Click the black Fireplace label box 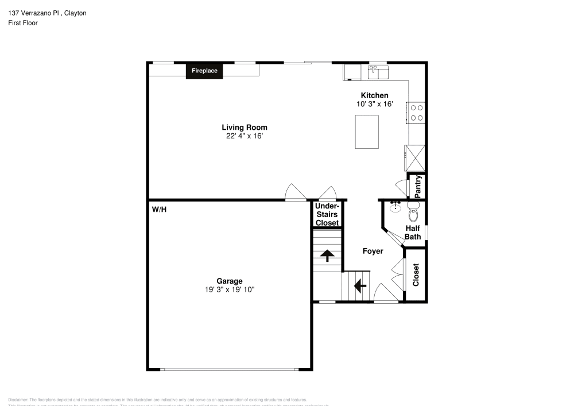pos(204,71)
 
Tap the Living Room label pos(245,127)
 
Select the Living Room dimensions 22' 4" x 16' pos(245,136)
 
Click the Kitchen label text pos(374,95)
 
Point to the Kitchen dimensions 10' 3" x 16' pos(374,104)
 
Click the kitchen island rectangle pos(367,132)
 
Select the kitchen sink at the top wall pos(378,72)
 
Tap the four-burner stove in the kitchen pos(416,113)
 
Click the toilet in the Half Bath pos(413,213)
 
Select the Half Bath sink pos(395,207)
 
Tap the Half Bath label pos(413,233)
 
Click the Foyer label pos(373,251)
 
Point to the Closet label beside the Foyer pos(416,274)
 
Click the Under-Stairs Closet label pos(327,214)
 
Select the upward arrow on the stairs pos(327,256)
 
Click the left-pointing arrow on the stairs pos(360,285)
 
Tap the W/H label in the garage pos(159,210)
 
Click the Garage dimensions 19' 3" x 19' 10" pos(229,289)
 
